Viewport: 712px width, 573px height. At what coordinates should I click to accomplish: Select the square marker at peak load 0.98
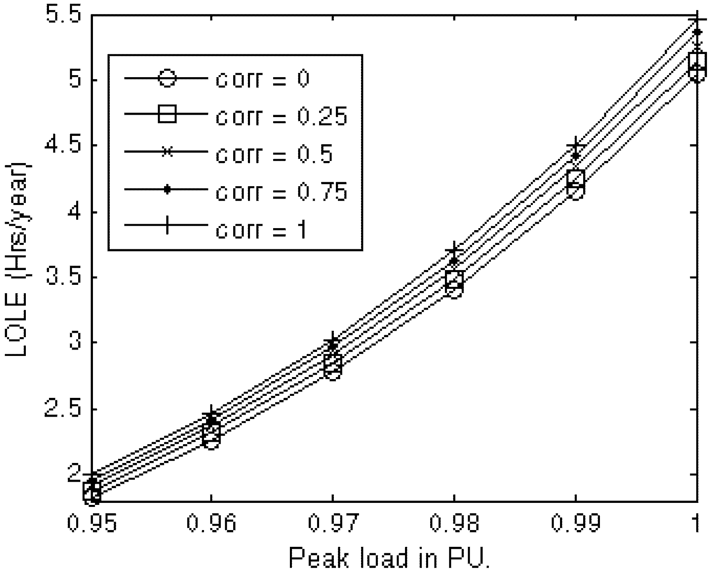pos(454,279)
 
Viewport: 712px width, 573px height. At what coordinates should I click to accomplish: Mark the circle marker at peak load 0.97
pos(333,372)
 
